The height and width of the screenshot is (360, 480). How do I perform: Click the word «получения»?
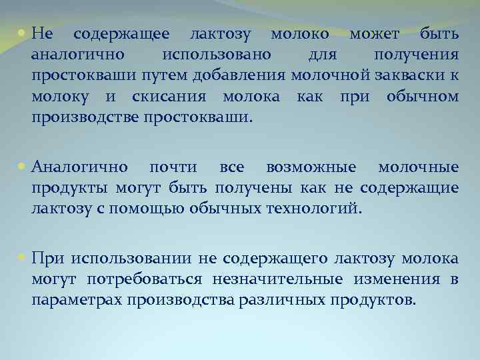[x=415, y=55]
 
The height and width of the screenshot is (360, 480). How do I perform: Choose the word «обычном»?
[x=422, y=97]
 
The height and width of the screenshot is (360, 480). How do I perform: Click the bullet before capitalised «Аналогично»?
[x=23, y=167]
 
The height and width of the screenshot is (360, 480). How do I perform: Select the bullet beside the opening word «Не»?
[x=23, y=33]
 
